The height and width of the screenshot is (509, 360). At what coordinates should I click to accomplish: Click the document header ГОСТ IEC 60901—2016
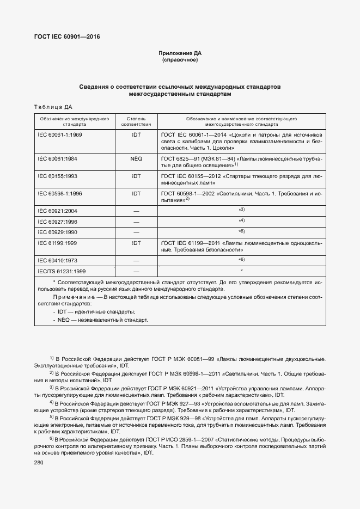[x=67, y=37]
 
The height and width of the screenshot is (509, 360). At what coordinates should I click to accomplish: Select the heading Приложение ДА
[x=180, y=53]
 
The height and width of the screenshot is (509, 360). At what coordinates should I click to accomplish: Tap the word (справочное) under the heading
[x=180, y=60]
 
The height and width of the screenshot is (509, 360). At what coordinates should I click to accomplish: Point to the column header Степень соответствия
[x=136, y=121]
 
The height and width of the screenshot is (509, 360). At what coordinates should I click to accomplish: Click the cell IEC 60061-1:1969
[x=59, y=134]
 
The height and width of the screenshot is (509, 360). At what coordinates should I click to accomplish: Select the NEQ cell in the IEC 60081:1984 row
[x=136, y=158]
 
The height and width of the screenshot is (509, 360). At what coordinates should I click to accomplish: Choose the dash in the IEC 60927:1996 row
[x=136, y=222]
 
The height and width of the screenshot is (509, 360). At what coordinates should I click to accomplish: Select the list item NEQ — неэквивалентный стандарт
[x=103, y=320]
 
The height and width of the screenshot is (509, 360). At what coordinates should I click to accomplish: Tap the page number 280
[x=38, y=462]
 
